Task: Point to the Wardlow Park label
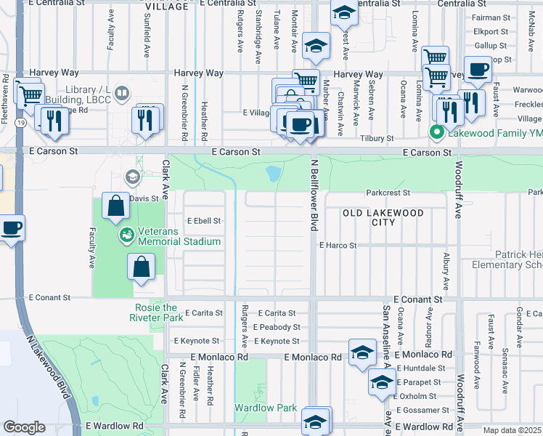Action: pos(265,408)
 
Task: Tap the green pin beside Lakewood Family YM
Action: pos(436,132)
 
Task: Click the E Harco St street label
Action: pos(338,246)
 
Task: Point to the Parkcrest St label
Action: pos(388,193)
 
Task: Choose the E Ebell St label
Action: pos(203,220)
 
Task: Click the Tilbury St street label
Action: pos(377,138)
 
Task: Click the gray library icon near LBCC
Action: pos(123,93)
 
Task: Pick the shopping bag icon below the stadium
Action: pos(142,267)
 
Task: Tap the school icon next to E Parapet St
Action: pos(381,383)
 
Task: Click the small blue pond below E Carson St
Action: pos(273,174)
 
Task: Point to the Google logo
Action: pos(24,427)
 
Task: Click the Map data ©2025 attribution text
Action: pos(513,430)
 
